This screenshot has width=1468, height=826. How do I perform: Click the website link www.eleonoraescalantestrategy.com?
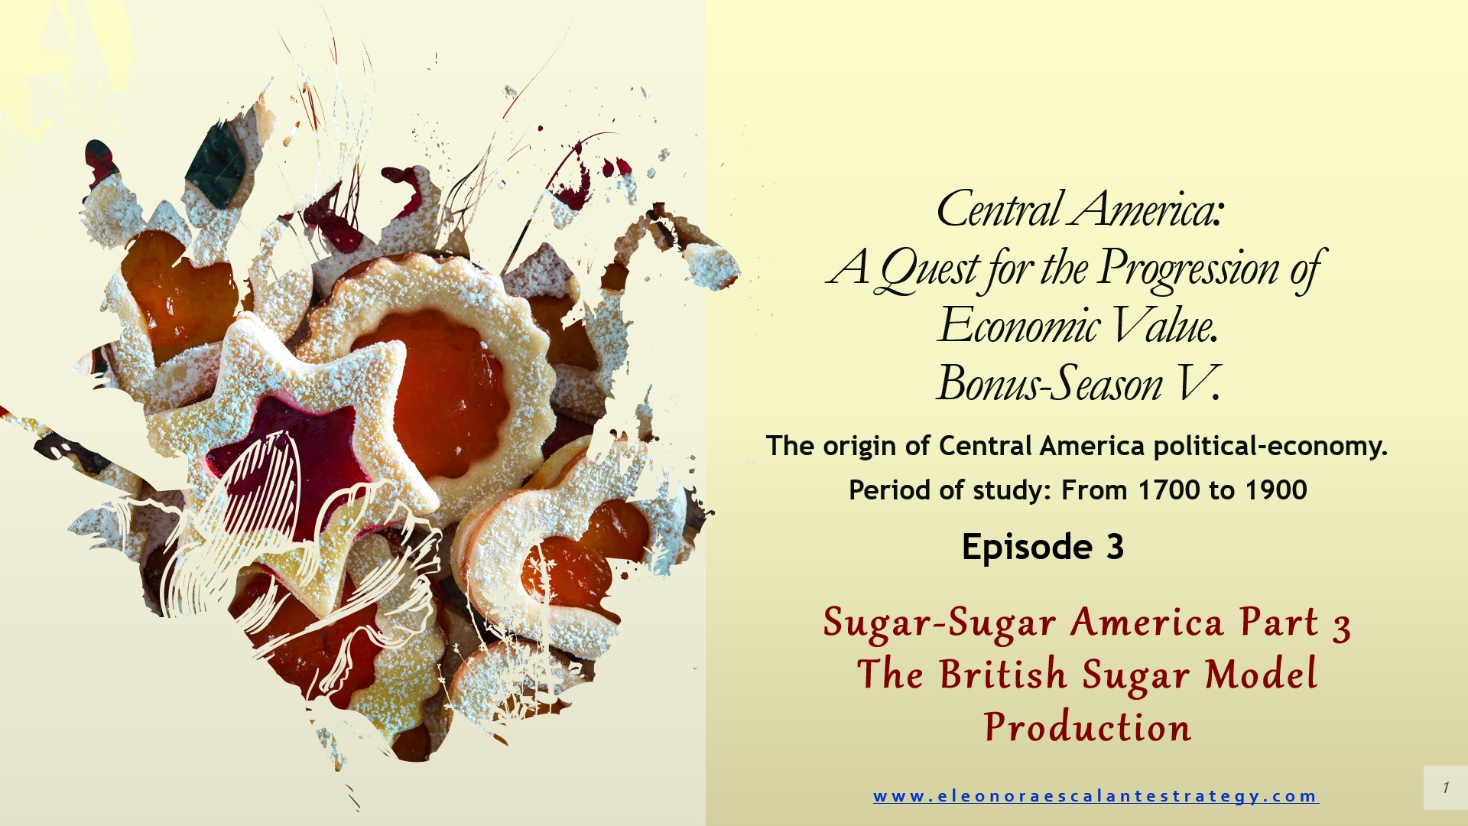(x=1096, y=796)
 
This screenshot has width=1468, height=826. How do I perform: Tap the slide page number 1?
(x=1446, y=787)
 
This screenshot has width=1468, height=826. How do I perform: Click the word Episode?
(x=1027, y=548)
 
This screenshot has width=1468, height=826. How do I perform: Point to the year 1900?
(x=1276, y=490)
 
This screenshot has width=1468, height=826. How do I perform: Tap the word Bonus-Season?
(x=1050, y=383)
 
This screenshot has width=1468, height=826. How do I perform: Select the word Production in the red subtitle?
(x=1087, y=727)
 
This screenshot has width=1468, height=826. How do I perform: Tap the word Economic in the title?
(x=1019, y=326)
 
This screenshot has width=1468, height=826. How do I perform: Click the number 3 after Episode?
(x=1115, y=548)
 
